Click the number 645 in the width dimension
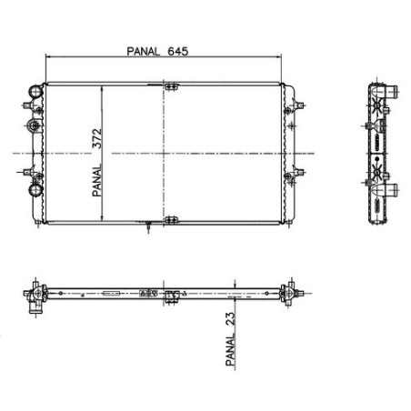coord(178,51)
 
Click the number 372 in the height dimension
coord(97,139)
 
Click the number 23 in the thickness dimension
coord(230,319)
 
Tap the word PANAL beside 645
coord(143,51)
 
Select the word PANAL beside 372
coord(97,181)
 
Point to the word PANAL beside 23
coord(230,349)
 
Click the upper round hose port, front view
coord(35,91)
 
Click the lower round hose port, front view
coord(35,190)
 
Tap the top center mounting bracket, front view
coord(171,86)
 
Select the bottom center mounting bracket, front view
coord(171,220)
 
